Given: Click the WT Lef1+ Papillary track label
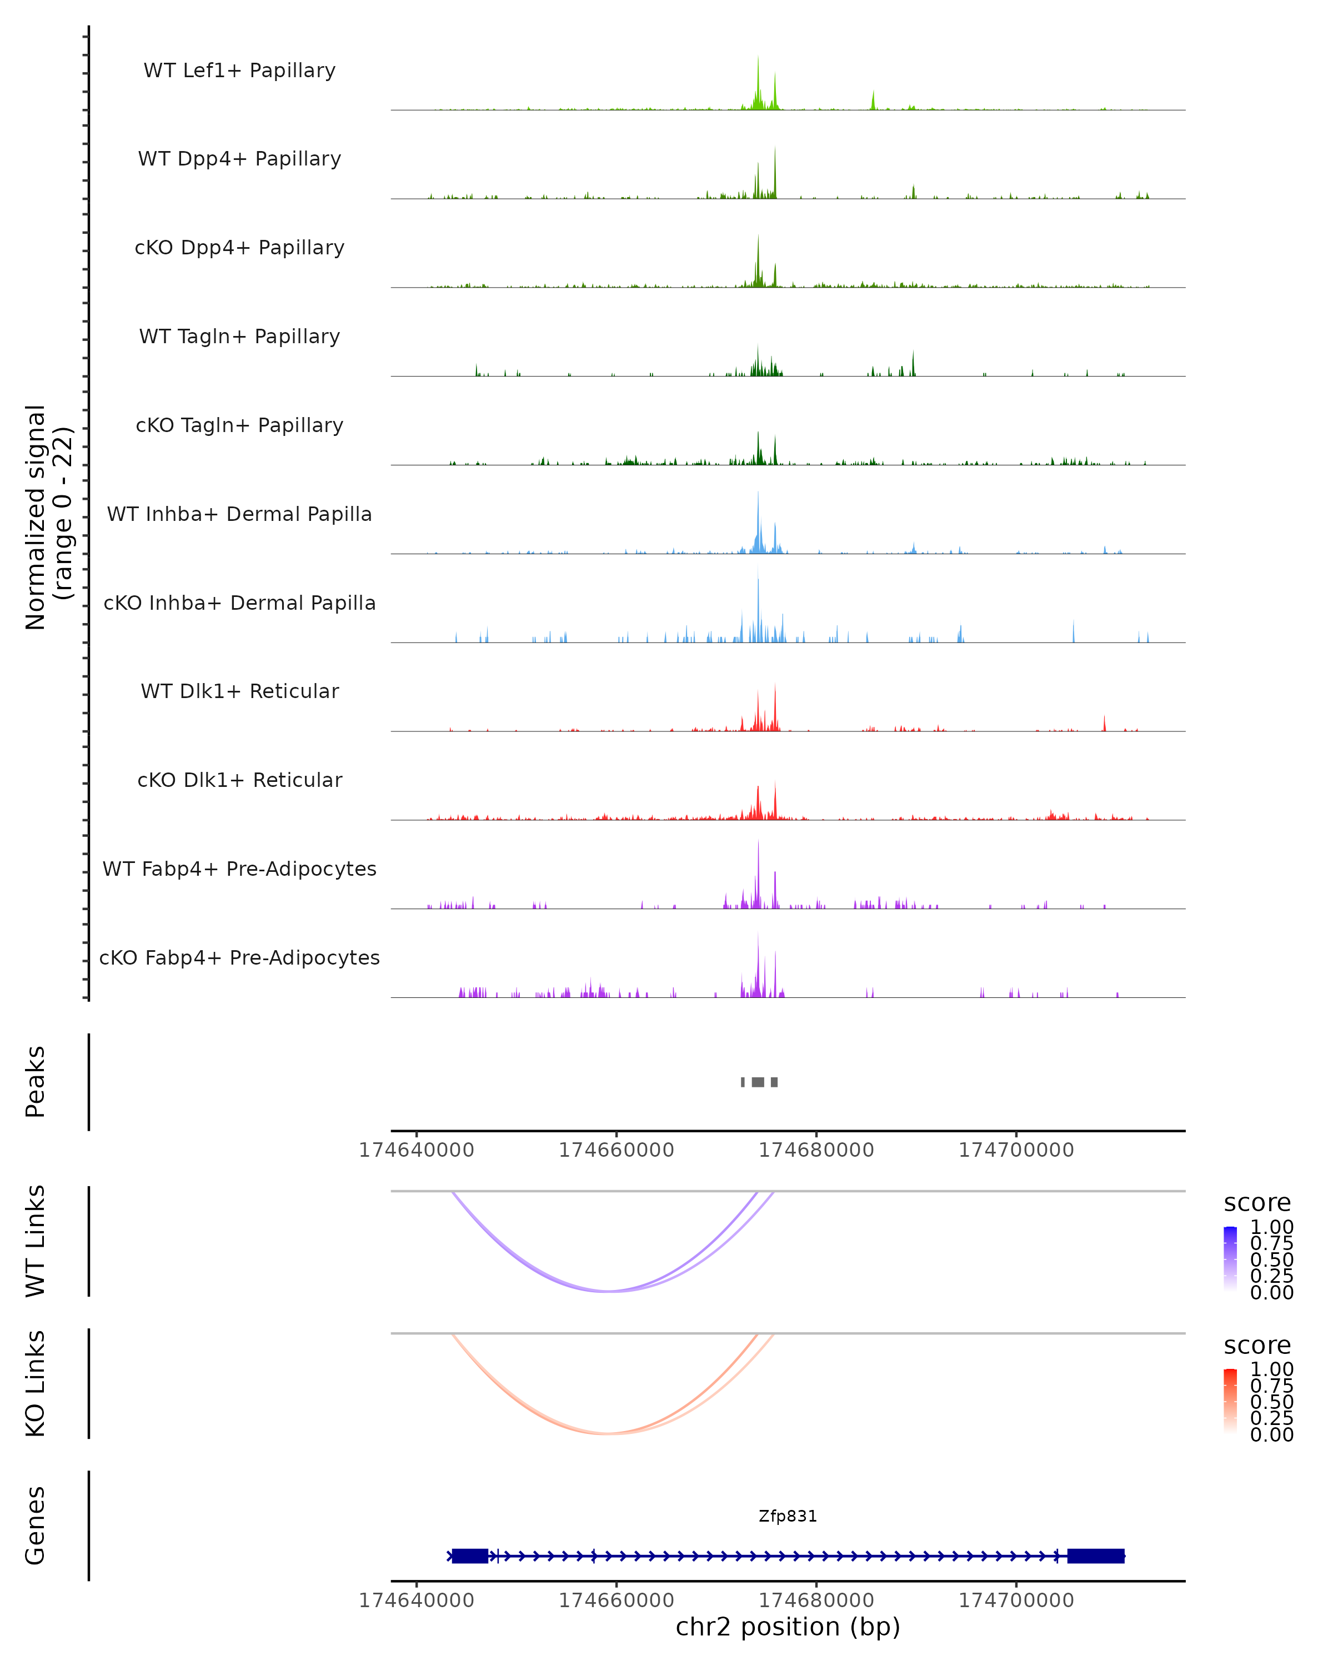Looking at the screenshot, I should click(239, 71).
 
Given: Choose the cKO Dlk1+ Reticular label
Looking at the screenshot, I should click(239, 780).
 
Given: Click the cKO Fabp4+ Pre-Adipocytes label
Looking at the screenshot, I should click(239, 957).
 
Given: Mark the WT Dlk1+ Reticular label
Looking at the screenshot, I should click(239, 691).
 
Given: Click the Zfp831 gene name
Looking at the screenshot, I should click(788, 1516).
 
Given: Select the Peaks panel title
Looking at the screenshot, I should click(36, 1081).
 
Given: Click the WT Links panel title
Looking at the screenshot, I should click(36, 1241).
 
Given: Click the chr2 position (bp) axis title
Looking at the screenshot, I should click(788, 1626).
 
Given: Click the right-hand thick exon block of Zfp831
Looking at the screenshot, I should click(1095, 1555).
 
